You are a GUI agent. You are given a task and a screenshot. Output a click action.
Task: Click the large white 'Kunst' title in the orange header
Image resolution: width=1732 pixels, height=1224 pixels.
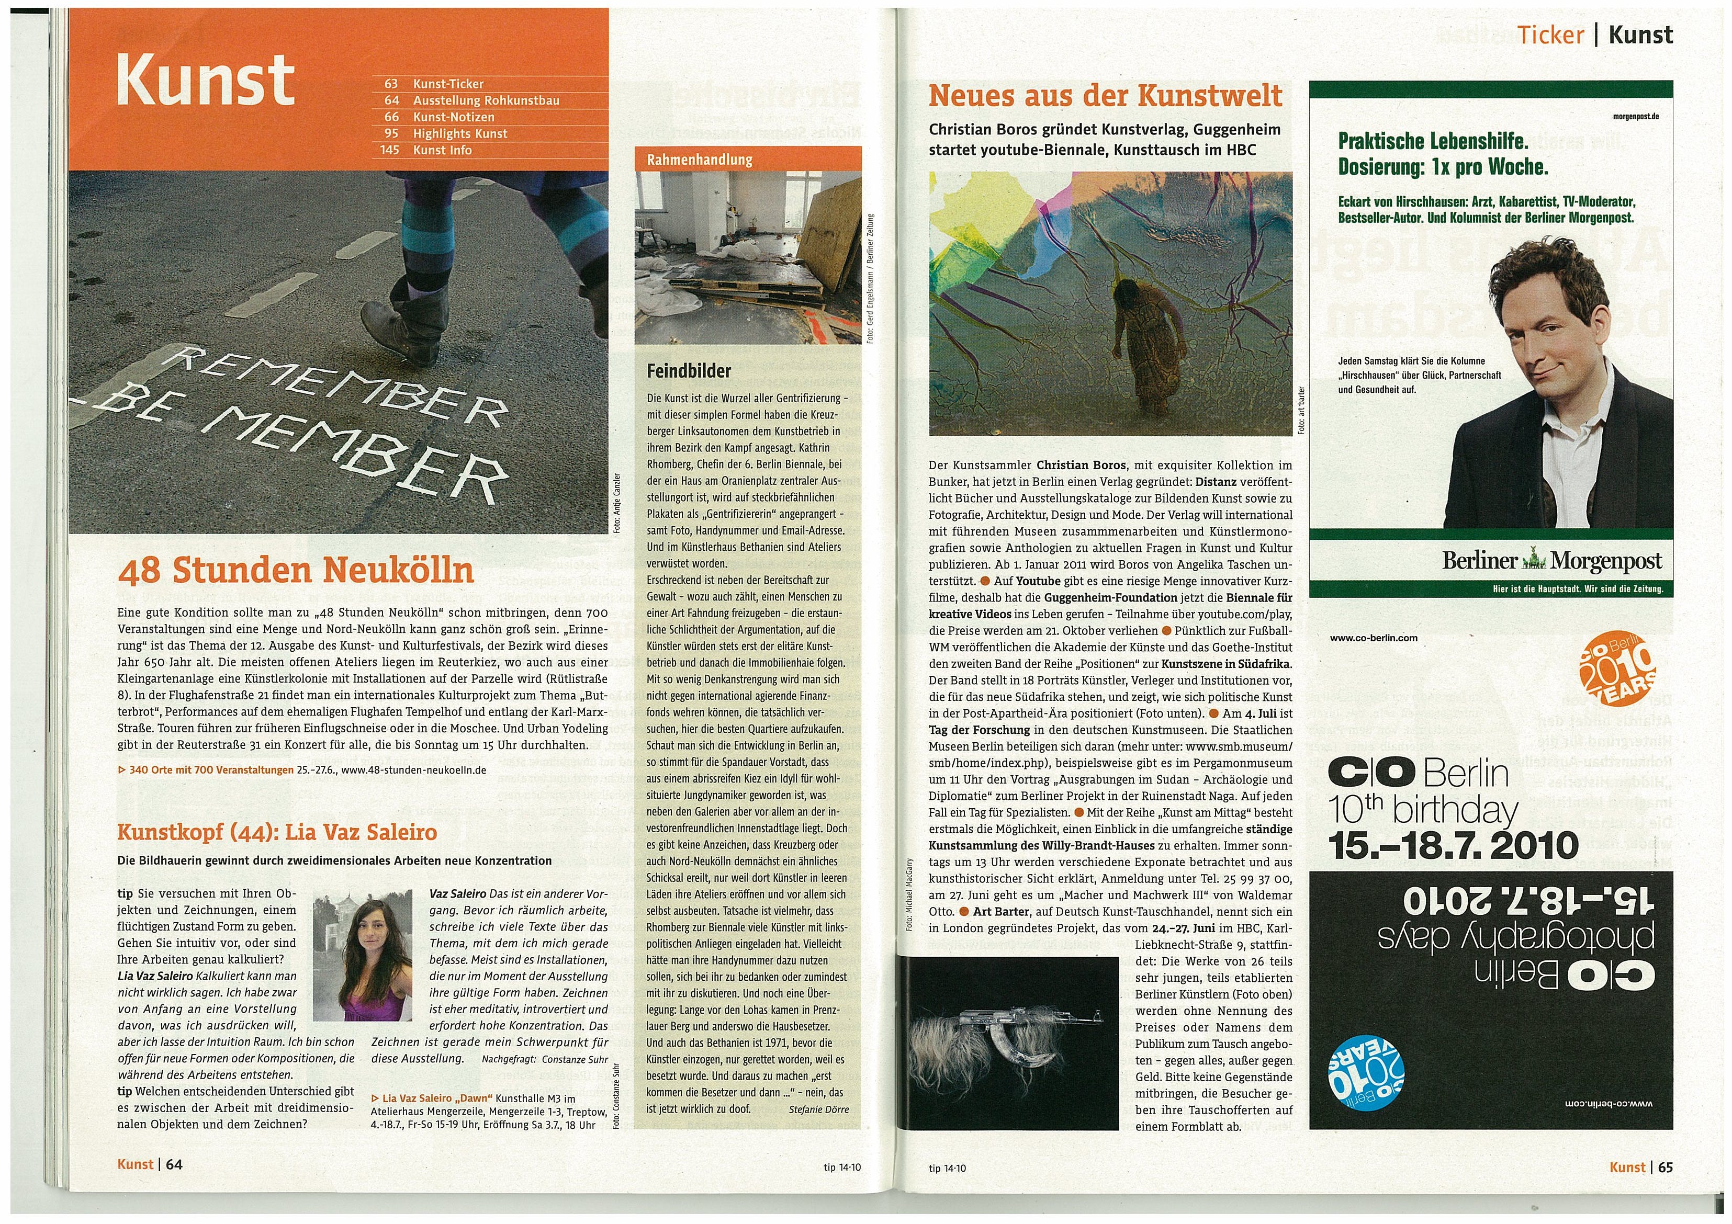(205, 80)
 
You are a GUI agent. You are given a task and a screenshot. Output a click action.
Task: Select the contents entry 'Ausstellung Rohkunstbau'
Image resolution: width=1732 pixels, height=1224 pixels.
(486, 100)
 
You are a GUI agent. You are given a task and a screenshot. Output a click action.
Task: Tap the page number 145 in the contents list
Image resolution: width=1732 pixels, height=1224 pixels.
(390, 150)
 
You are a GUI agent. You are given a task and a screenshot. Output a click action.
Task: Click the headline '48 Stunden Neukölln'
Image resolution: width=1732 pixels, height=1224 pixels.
(296, 571)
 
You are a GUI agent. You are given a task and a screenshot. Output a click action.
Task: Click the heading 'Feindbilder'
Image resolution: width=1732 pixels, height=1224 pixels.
(689, 371)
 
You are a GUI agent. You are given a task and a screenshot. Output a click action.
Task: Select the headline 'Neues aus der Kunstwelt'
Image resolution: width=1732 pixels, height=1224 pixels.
(1105, 96)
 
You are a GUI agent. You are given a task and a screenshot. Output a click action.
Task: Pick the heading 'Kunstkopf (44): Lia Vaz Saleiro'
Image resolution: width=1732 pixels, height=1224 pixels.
(277, 833)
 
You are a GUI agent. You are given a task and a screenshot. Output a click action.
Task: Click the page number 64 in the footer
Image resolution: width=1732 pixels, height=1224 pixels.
(174, 1164)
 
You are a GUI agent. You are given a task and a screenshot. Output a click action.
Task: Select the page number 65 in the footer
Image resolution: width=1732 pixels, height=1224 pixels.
(1665, 1166)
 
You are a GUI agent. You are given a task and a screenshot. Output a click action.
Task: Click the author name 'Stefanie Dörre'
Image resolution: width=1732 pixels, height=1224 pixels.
(818, 1109)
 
